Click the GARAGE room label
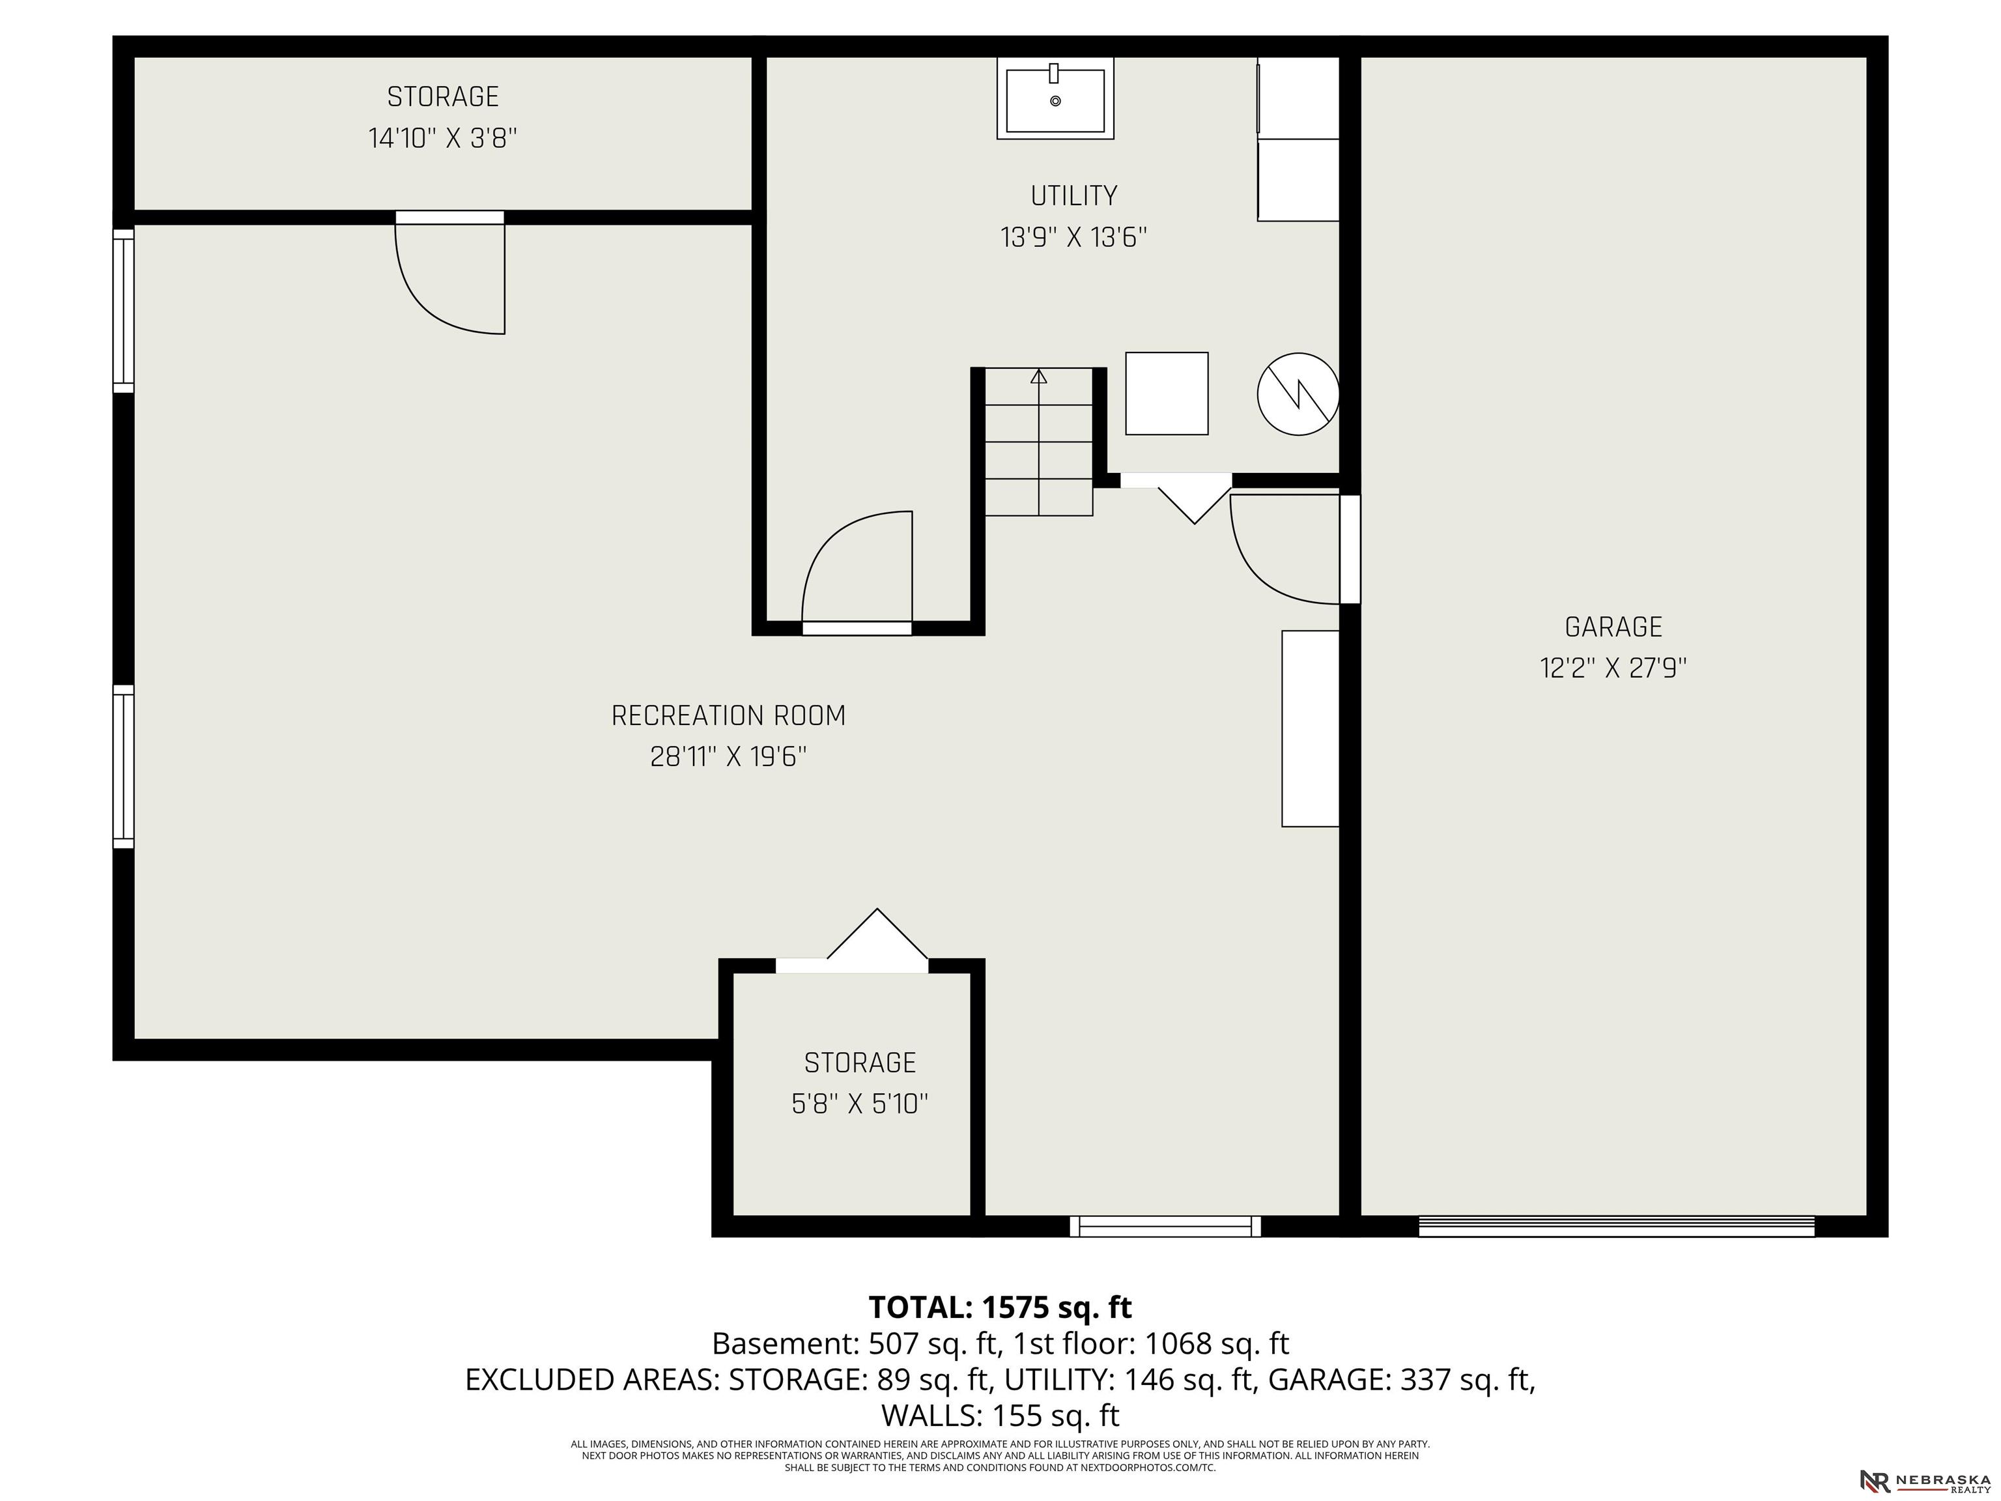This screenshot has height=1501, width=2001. pyautogui.click(x=1613, y=626)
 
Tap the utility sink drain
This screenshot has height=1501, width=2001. pyautogui.click(x=1055, y=102)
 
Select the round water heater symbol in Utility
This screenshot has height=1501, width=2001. pyautogui.click(x=1298, y=393)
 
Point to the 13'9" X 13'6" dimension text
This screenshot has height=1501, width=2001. pyautogui.click(x=1073, y=237)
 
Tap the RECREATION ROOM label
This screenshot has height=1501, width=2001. pyautogui.click(x=728, y=716)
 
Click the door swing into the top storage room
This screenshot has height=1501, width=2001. pyautogui.click(x=444, y=281)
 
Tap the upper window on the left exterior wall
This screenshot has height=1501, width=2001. pyautogui.click(x=123, y=310)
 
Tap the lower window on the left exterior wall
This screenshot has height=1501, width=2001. pyautogui.click(x=123, y=766)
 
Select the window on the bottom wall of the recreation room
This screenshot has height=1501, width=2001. pyautogui.click(x=1165, y=1226)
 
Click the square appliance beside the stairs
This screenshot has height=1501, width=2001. pyautogui.click(x=1166, y=393)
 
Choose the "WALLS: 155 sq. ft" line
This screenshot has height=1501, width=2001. pyautogui.click(x=1000, y=1415)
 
